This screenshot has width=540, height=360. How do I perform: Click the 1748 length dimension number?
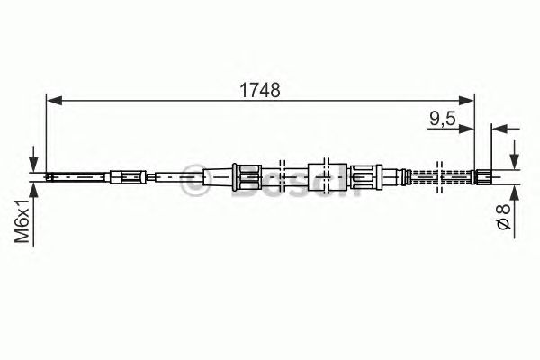tap(259, 90)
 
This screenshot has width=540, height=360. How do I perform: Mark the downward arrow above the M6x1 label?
tap(34, 163)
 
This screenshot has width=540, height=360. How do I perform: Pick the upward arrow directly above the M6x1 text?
tap(34, 188)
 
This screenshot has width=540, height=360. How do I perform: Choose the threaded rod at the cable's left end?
tap(76, 176)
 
